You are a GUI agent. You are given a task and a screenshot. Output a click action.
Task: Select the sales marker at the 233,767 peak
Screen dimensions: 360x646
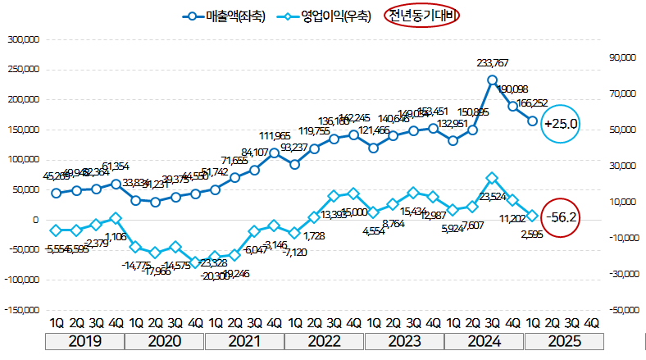[492, 80]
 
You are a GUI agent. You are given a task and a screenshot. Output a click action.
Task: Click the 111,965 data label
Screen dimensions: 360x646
[275, 136]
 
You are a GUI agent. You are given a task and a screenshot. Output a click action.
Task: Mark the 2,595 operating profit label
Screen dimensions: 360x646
[532, 233]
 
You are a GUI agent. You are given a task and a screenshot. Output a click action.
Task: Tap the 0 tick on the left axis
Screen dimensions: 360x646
[36, 220]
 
